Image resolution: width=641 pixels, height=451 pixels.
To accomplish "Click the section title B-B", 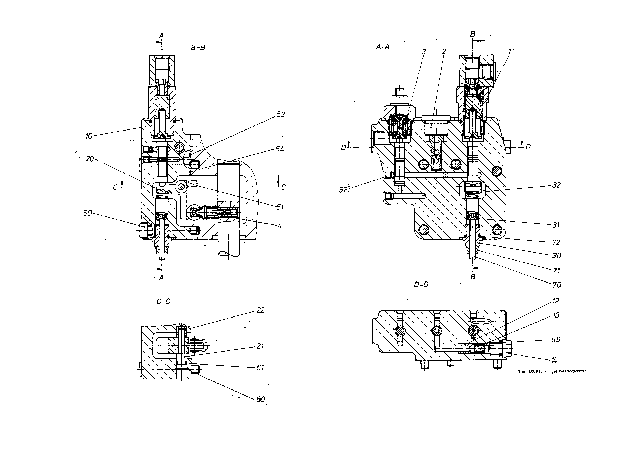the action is point(198,48).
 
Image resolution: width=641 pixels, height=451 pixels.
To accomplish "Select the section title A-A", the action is point(382,47).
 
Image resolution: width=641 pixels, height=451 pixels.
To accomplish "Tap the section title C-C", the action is point(164,301).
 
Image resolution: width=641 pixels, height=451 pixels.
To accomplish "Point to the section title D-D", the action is point(421,285).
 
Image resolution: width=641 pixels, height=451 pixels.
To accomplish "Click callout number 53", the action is point(281,115).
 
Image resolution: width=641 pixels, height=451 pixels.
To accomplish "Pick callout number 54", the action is point(279,149).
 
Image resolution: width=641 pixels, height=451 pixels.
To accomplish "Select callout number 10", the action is point(89,136).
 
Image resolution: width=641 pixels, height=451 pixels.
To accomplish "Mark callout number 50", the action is point(87,213).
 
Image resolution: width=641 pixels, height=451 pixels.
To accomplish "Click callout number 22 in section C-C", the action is point(260,310).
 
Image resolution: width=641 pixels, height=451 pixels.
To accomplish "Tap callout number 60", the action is point(260,400).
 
